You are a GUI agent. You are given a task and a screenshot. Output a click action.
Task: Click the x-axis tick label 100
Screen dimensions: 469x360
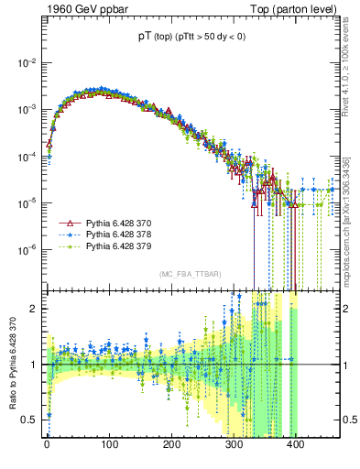click(x=109, y=448)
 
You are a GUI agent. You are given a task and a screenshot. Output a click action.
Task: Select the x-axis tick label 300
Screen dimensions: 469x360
click(x=234, y=448)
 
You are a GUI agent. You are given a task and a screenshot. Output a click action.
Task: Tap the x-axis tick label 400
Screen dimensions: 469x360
click(x=296, y=448)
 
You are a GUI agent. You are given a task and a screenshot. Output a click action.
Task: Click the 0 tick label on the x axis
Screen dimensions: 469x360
click(x=47, y=448)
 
